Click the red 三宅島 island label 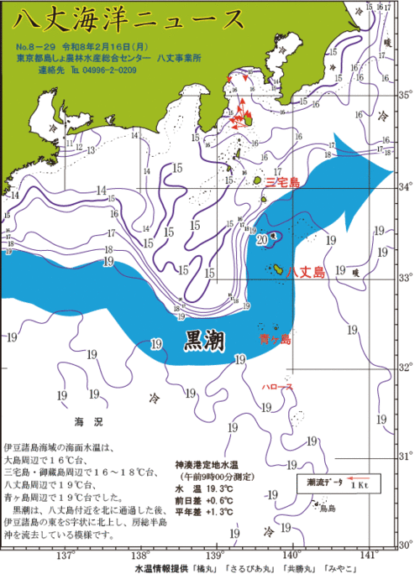(283, 181)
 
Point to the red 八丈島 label (305, 272)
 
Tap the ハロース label (277, 387)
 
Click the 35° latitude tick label (405, 95)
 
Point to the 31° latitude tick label (405, 457)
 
